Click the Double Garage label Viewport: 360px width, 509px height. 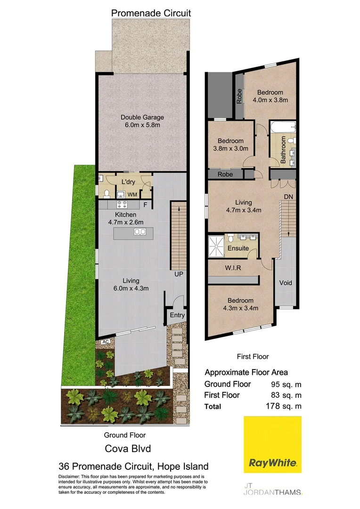pos(142,117)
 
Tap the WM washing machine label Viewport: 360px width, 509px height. pos(133,194)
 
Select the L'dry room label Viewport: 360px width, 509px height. pos(128,182)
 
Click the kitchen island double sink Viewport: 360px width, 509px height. pos(140,231)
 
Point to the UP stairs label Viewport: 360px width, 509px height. pos(178,274)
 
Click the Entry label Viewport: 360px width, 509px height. pos(177,315)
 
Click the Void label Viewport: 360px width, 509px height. pos(286,283)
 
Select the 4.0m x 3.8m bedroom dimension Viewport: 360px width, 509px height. pos(270,100)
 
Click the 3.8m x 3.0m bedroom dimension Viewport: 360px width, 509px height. pos(230,149)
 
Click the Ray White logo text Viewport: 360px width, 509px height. pos(273,463)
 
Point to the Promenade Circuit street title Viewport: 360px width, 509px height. pos(151,13)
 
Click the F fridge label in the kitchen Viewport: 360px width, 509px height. pos(145,205)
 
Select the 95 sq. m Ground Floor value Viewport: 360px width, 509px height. pos(286,384)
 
